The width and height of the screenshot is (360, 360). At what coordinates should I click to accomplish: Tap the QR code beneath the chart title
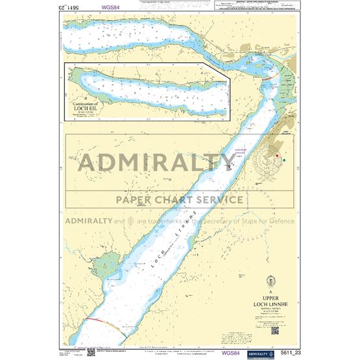[x=274, y=330]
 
